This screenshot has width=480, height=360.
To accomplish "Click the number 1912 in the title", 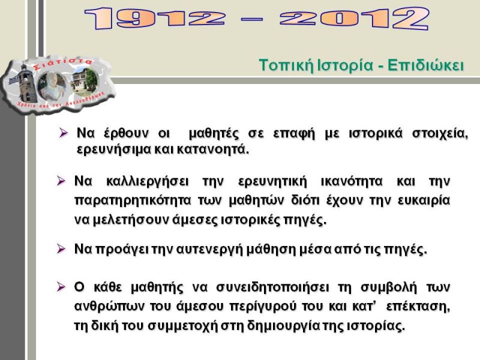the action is [x=155, y=19].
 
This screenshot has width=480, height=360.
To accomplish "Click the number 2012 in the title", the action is [x=354, y=19].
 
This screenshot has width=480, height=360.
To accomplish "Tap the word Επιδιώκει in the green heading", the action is [x=426, y=65].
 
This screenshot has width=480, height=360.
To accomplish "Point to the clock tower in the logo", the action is [x=26, y=83].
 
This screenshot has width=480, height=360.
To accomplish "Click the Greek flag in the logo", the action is [x=13, y=81].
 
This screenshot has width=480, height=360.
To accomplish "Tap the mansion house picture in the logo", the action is [x=85, y=82].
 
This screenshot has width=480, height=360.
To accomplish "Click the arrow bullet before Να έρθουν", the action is [x=64, y=133].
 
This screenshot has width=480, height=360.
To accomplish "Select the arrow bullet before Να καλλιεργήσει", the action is [x=61, y=181].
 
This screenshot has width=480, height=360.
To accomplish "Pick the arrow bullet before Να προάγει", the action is [x=61, y=249].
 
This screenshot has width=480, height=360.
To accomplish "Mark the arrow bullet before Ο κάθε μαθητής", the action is [x=61, y=287].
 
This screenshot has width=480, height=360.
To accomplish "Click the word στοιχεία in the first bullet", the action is [x=440, y=134].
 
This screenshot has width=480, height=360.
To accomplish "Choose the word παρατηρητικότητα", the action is [x=133, y=201].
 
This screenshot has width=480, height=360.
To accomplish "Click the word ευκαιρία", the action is [x=424, y=200].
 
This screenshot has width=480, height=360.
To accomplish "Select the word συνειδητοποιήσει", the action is [x=273, y=287].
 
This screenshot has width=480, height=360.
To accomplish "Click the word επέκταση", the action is [x=418, y=307].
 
